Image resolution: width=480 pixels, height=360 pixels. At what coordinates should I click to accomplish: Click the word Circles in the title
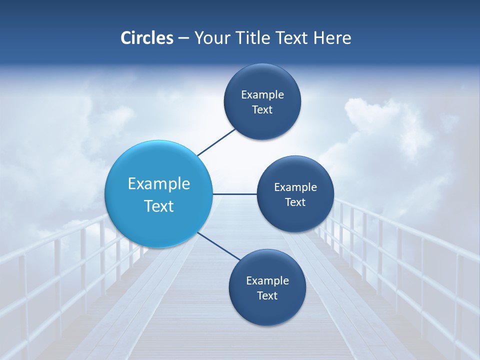[147, 38]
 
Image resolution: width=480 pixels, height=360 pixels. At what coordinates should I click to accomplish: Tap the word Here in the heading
[332, 38]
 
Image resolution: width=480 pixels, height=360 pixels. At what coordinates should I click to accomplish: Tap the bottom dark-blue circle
[267, 310]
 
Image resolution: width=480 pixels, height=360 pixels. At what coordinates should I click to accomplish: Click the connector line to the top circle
[216, 142]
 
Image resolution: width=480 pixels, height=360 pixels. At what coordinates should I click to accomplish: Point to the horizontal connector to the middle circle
[234, 194]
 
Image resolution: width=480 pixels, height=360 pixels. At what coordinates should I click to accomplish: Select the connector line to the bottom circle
[219, 246]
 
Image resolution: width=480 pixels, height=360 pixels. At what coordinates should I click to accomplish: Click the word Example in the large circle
[159, 183]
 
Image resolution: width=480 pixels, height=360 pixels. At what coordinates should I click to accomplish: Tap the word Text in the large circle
[159, 206]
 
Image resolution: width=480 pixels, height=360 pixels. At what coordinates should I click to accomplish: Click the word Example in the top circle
[262, 94]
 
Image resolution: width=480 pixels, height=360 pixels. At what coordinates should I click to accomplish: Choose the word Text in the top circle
[262, 109]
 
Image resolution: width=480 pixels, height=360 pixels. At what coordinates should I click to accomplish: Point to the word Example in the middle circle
[295, 187]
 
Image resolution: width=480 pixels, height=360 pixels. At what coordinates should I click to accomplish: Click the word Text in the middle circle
[295, 202]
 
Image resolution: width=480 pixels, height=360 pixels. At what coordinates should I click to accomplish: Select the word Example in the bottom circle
[267, 280]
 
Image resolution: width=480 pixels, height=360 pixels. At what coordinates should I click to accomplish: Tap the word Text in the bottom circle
[267, 295]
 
